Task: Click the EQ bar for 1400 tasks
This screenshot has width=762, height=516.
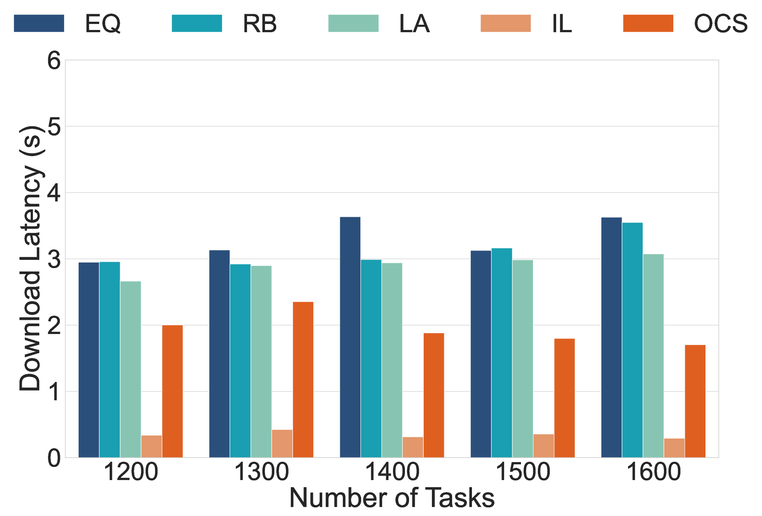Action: pos(350,337)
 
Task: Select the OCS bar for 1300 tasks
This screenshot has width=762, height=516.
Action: pos(303,380)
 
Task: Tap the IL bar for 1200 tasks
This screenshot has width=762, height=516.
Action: pos(152,446)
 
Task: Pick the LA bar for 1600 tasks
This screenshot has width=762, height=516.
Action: pos(653,356)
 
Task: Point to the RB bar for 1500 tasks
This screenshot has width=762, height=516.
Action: pos(502,353)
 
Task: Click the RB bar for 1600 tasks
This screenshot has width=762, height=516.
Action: pos(633,340)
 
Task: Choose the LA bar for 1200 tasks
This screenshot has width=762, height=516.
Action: pos(131,369)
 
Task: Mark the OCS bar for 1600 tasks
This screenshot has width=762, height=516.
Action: pos(695,401)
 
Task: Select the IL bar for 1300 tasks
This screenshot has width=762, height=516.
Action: pos(282,444)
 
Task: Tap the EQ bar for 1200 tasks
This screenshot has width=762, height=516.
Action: pos(89,360)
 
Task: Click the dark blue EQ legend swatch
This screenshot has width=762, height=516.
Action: pos(39,23)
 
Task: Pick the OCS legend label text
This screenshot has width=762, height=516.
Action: pos(721,24)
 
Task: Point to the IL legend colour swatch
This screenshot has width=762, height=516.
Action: pos(506,23)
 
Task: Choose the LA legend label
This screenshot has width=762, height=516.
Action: pos(414,24)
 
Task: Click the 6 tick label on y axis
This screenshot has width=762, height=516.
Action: pos(54,60)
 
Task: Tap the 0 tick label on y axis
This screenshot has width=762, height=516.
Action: pos(54,458)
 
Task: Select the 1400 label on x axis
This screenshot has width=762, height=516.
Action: pos(392,472)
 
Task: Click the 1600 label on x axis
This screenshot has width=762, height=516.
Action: pos(653,472)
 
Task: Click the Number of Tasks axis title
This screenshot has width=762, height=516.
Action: pos(392,498)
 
